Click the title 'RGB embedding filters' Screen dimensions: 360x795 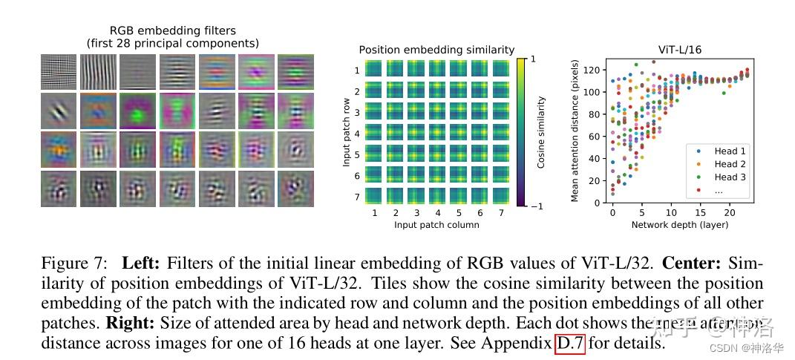[172, 30]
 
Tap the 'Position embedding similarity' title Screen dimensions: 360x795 [436, 50]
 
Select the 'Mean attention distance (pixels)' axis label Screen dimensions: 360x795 [575, 131]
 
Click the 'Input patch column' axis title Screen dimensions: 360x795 [436, 225]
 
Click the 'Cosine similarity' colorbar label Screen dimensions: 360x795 [541, 131]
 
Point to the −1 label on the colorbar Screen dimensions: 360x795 [536, 206]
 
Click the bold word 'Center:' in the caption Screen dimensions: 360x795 [693, 263]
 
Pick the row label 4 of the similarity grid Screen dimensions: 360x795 [357, 134]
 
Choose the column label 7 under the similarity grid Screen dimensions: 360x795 [501, 213]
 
